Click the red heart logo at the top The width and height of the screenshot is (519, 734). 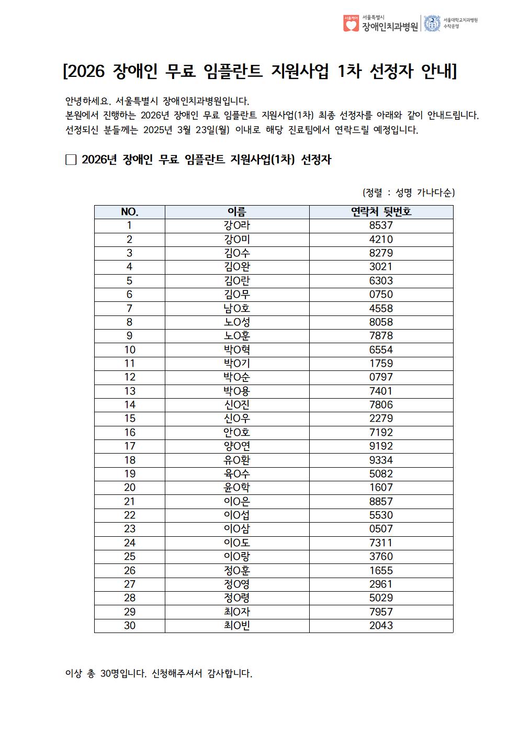click(351, 24)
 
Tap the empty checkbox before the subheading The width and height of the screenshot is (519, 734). click(71, 160)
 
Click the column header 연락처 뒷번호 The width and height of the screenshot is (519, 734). click(381, 212)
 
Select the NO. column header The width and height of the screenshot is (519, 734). click(130, 212)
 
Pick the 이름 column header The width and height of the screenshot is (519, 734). click(237, 212)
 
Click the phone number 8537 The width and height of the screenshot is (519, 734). click(381, 225)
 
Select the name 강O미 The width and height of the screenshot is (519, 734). click(237, 240)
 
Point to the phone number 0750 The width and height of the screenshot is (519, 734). click(381, 295)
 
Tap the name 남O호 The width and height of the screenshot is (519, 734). click(237, 308)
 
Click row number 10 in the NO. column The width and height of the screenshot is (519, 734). click(130, 349)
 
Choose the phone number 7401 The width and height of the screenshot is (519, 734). click(381, 391)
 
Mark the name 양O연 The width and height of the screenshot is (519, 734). click(237, 446)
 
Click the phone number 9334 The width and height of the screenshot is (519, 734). click(381, 460)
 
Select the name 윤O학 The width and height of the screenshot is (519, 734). click(237, 488)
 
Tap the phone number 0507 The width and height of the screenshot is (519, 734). click(381, 529)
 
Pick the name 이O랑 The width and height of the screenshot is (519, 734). click(237, 557)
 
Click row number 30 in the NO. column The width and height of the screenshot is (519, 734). click(130, 625)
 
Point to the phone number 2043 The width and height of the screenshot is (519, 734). click(381, 625)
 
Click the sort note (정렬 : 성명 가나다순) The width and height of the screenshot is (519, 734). click(409, 193)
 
